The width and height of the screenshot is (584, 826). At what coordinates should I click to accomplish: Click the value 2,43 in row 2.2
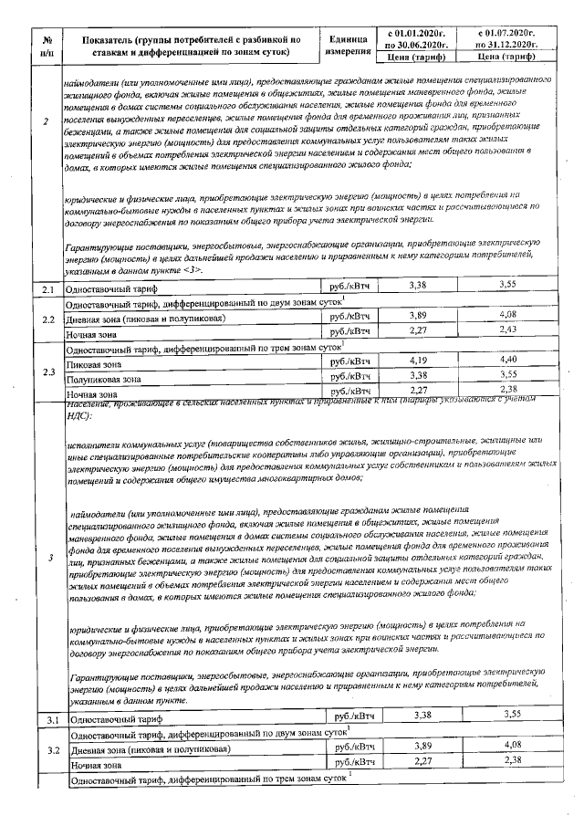click(x=509, y=329)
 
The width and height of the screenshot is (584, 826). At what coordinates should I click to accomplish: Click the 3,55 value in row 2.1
click(x=509, y=285)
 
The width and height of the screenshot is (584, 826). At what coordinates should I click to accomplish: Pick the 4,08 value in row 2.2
click(x=509, y=315)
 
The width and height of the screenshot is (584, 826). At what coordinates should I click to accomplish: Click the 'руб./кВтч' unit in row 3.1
click(x=354, y=743)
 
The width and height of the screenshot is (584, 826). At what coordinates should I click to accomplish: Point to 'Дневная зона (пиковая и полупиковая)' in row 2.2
click(x=151, y=319)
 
